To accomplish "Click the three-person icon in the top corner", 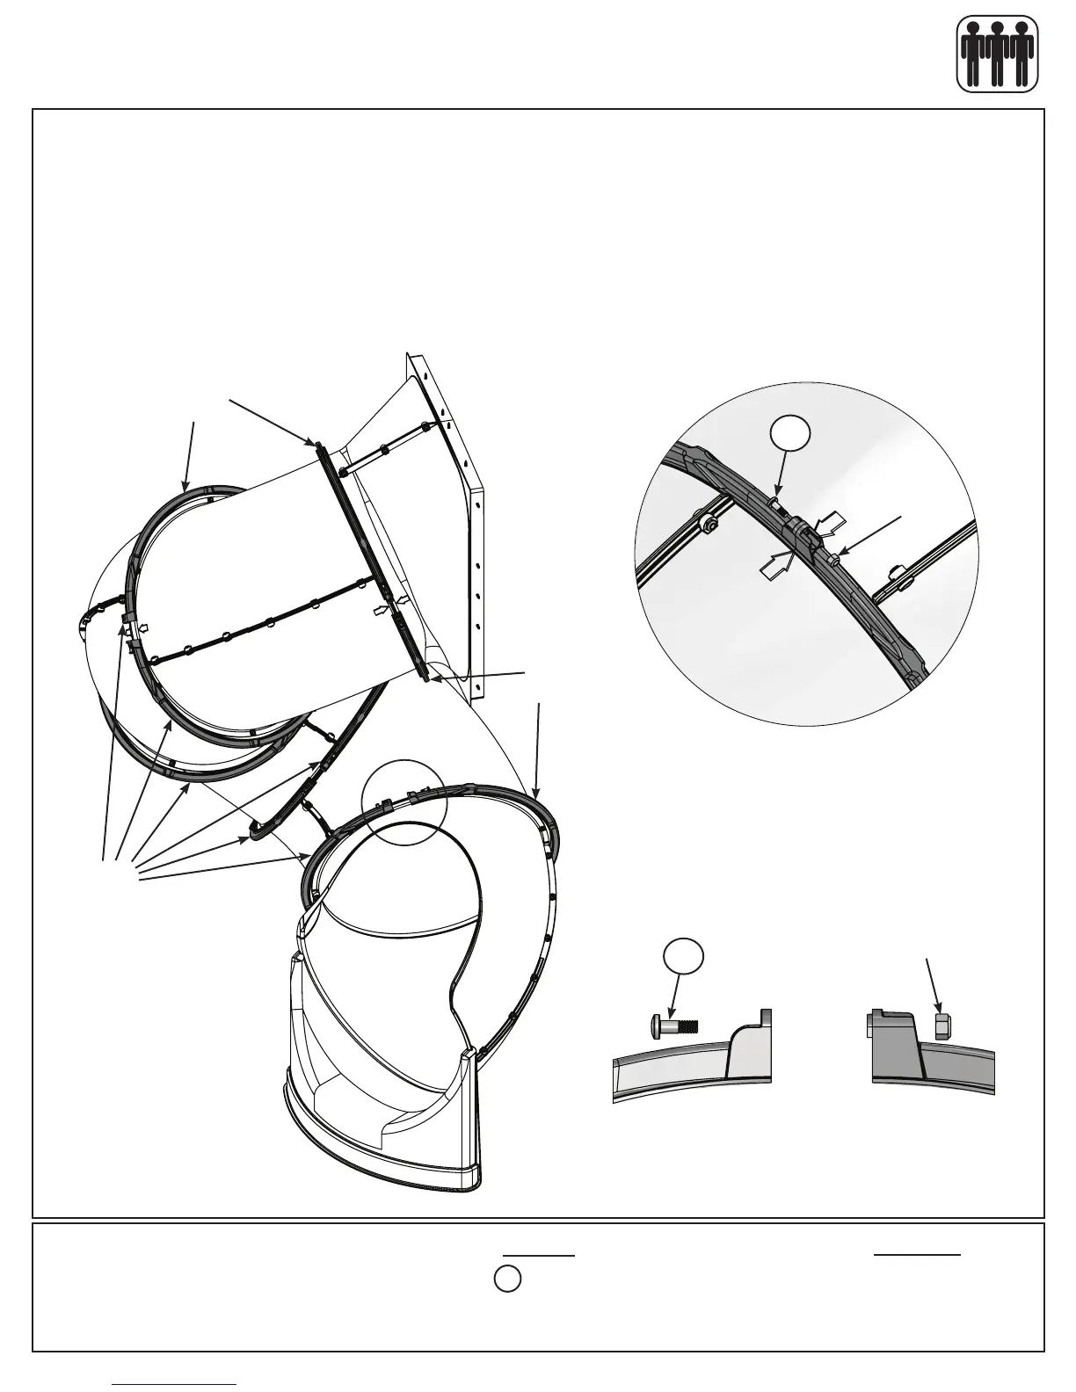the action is (997, 54).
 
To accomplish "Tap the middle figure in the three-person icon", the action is (997, 54).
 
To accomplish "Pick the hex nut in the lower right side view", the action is (940, 1026).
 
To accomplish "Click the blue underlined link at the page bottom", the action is (175, 1383).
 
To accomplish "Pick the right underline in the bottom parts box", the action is (917, 1254).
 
